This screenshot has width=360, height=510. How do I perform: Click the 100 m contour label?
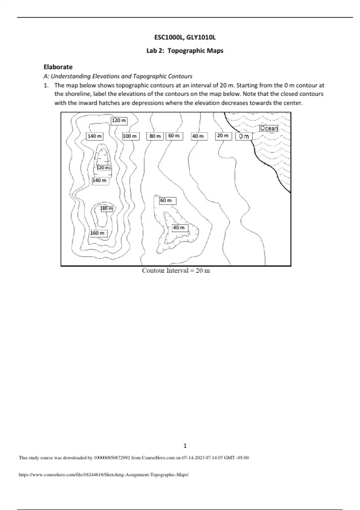(130, 136)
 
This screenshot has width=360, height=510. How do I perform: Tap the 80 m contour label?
(155, 136)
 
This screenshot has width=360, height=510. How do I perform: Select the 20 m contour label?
(223, 136)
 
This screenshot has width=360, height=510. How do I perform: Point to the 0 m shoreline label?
(244, 136)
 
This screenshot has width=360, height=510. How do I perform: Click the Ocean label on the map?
(269, 128)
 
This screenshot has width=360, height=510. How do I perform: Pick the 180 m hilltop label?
(107, 208)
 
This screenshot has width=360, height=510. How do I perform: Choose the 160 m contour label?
(98, 233)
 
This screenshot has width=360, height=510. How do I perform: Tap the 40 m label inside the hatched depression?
(179, 228)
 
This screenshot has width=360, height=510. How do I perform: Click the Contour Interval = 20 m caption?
(176, 271)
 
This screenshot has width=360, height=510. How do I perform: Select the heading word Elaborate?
(58, 67)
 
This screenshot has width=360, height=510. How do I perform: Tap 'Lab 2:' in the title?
(155, 51)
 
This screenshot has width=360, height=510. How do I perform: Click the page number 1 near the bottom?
(185, 446)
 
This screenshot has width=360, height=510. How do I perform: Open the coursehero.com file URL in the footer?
(104, 475)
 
